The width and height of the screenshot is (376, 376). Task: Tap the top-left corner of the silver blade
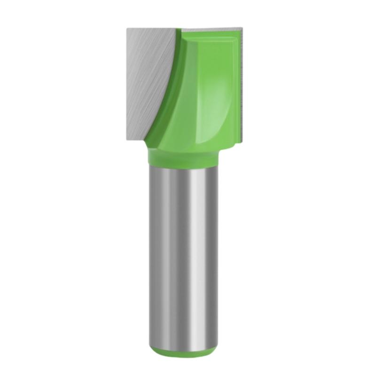(127, 29)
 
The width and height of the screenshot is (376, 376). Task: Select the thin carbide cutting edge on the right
(241, 85)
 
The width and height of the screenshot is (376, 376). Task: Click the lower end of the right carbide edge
(242, 136)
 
